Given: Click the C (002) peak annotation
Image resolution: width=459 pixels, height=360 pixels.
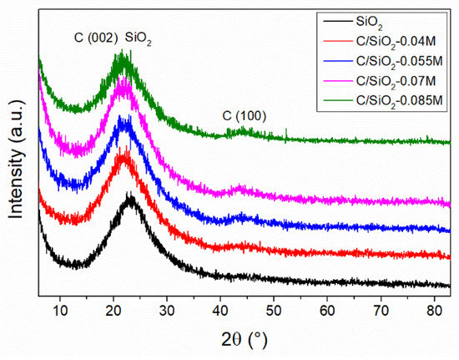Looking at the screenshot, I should click(88, 38).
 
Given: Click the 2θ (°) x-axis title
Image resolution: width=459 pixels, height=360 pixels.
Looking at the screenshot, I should click(247, 341).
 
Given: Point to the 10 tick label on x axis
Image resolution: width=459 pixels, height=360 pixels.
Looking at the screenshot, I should click(60, 312).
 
